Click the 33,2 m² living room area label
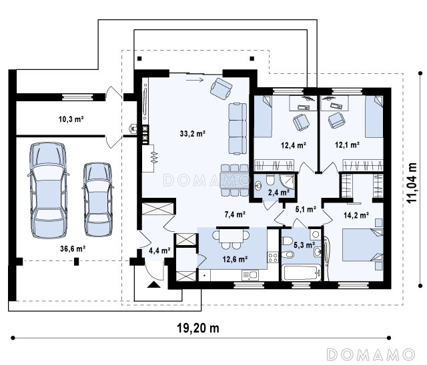193,133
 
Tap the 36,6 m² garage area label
73,248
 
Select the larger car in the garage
48,190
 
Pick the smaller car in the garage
98,200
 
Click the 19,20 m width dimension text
198,328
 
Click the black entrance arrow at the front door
154,284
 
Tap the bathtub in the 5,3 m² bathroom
301,272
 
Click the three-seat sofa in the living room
238,129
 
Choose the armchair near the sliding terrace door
221,88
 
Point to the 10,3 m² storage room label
71,119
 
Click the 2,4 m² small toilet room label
279,192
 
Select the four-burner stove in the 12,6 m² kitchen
273,257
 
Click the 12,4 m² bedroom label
294,145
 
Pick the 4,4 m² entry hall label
159,250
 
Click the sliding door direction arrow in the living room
195,80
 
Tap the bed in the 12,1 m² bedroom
374,117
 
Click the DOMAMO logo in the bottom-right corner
371,354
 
